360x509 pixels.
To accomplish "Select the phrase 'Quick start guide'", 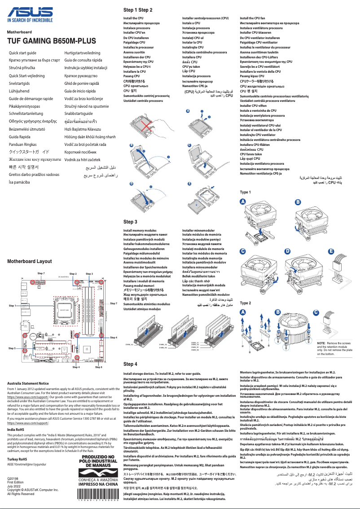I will pyautogui.click(x=26, y=53).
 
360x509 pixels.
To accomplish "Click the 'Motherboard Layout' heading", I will pyautogui.click(x=29, y=261).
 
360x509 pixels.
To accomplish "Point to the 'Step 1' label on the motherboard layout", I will pyautogui.click(x=12, y=305).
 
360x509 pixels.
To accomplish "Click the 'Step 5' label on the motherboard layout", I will pyautogui.click(x=12, y=348).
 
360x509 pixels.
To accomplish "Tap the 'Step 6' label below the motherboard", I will pyautogui.click(x=99, y=367).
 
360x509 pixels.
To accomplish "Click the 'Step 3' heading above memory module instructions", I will pyautogui.click(x=130, y=222).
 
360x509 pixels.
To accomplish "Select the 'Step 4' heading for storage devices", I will pyautogui.click(x=130, y=364).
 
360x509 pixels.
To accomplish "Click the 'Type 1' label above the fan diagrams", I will pyautogui.click(x=246, y=192).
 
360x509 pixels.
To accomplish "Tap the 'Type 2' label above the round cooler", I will pyautogui.click(x=246, y=303).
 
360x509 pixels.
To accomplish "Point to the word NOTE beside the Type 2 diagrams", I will pyautogui.click(x=309, y=343).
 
